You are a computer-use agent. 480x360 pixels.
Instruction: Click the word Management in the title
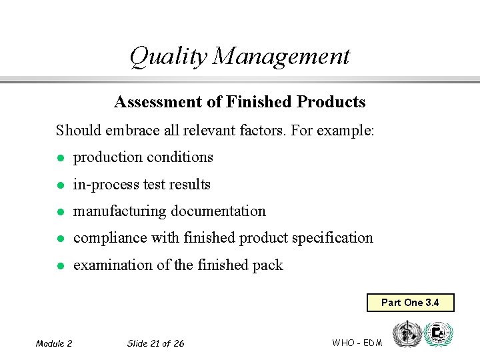coord(281,57)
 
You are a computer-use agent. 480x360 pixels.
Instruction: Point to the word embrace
coord(132,130)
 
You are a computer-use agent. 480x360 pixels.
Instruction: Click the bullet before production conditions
coord(59,158)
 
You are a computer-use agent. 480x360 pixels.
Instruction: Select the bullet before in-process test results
coord(59,185)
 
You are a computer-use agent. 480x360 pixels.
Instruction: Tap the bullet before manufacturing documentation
coord(59,212)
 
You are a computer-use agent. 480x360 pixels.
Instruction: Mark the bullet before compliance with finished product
coord(59,239)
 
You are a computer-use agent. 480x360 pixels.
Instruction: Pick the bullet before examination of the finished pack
coord(59,266)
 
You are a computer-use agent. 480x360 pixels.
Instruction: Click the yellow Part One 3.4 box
coord(410,303)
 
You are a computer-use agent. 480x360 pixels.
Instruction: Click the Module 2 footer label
coord(54,343)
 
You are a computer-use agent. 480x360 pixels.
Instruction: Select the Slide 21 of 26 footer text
coord(155,343)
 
